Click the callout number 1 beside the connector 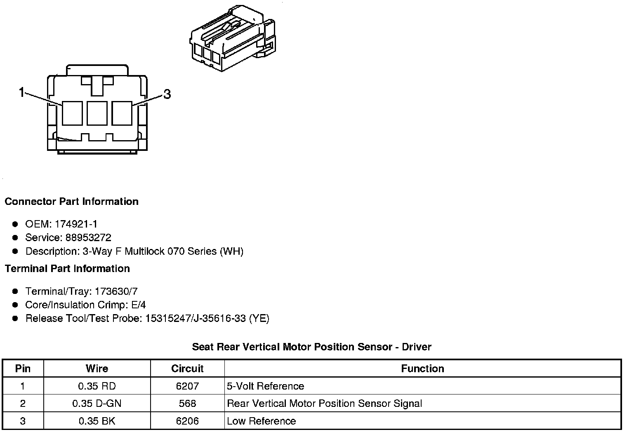coord(22,92)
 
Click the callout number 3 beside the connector coord(167,94)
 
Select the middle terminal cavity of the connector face coord(97,113)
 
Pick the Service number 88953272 coord(88,238)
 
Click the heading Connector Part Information coord(71,202)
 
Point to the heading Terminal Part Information coord(67,269)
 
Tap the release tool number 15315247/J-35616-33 coord(196,319)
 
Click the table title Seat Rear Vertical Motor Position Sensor coord(311,347)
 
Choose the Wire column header coord(97,369)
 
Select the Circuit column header coord(187,369)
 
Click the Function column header coord(422,369)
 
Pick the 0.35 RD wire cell coord(97,386)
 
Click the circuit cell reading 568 coord(187,404)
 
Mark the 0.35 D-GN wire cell coord(97,404)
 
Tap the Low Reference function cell coord(262,421)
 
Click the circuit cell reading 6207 coord(187,386)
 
